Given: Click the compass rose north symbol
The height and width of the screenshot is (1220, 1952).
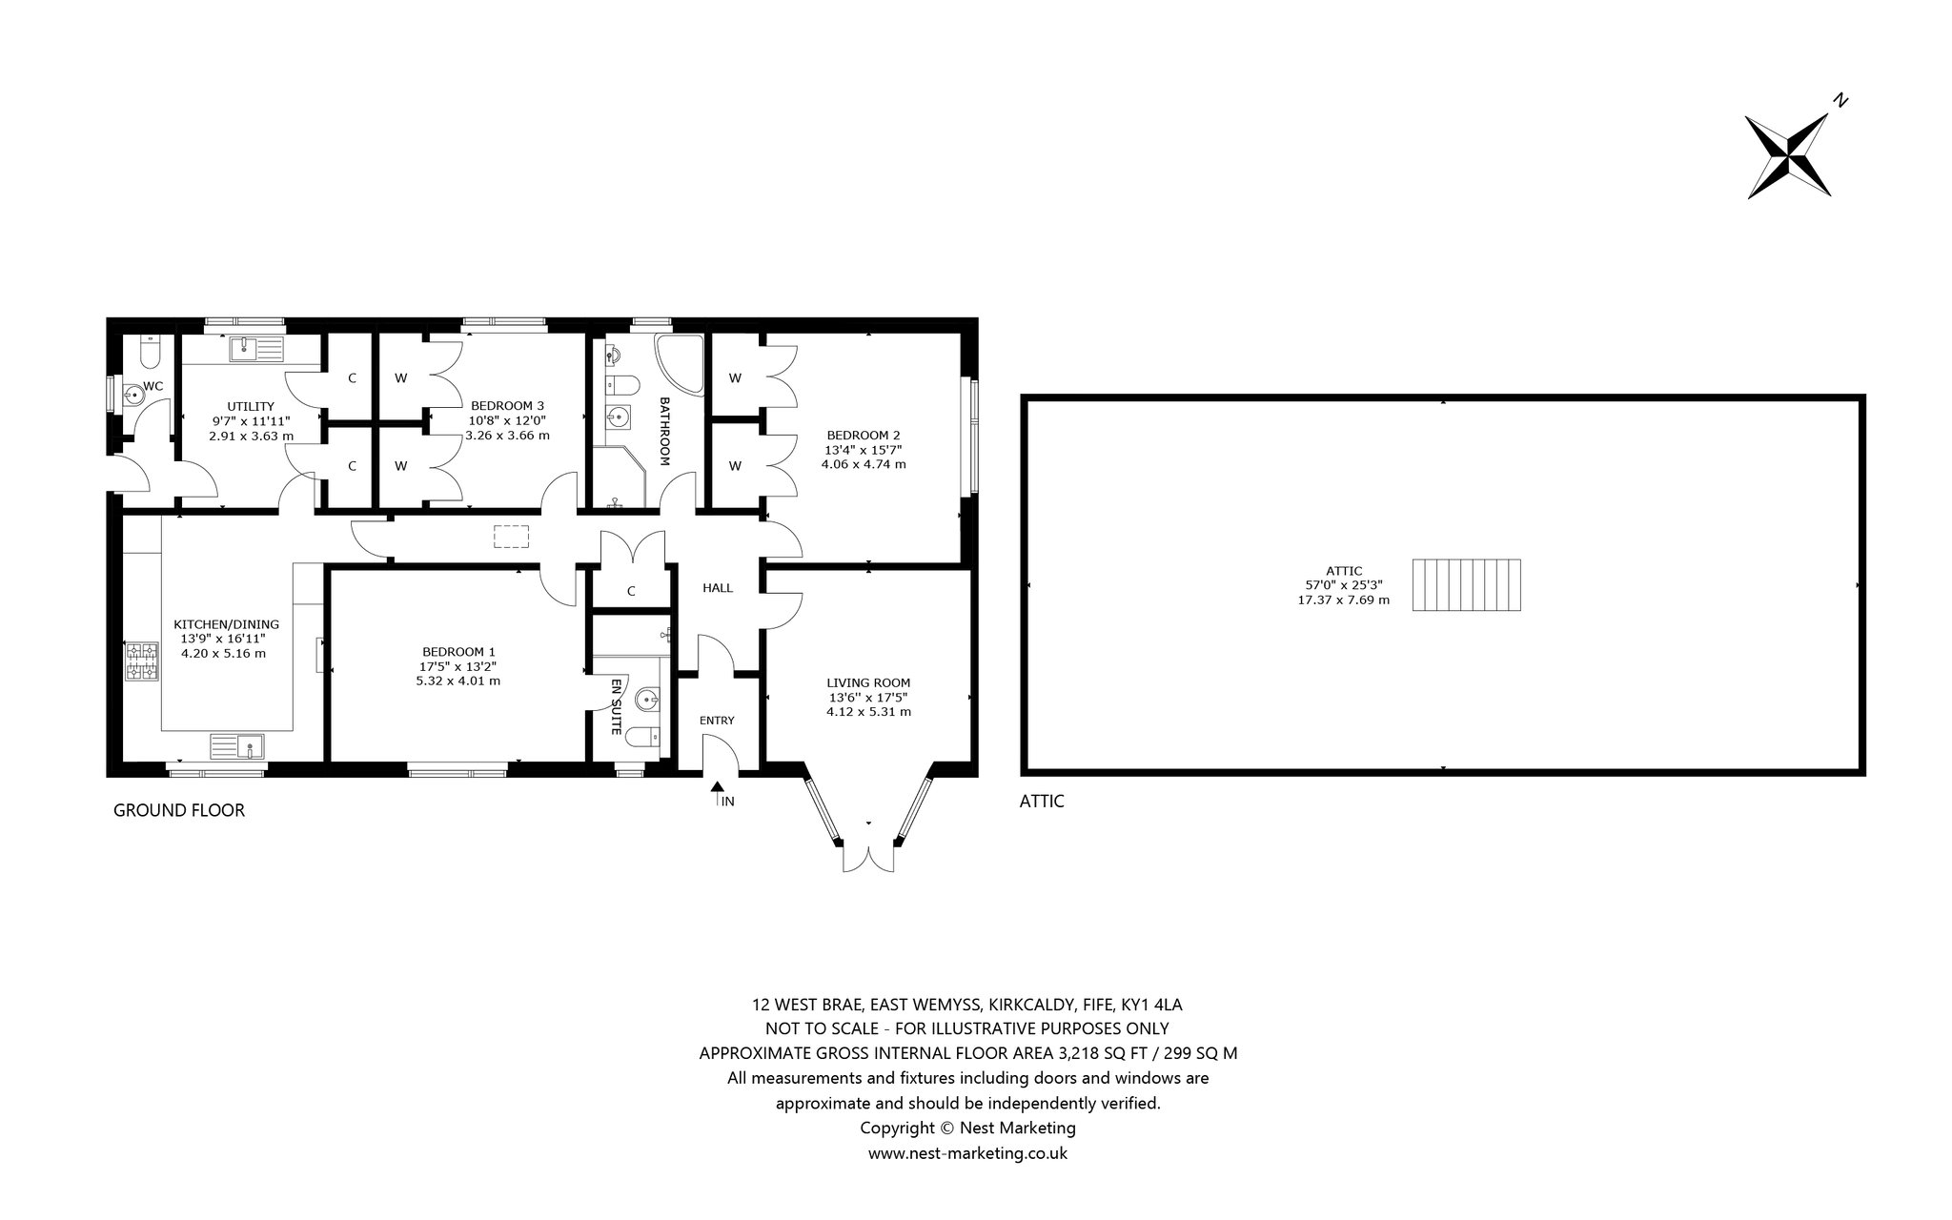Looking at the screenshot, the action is click(x=1787, y=156).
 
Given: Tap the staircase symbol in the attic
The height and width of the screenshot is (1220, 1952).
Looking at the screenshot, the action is click(x=1467, y=584).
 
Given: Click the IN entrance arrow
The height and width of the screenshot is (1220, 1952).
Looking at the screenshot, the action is click(x=716, y=795).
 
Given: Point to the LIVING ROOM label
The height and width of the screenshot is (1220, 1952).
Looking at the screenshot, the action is click(x=868, y=682).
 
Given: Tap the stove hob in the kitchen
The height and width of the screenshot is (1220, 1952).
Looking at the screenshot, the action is click(x=142, y=661).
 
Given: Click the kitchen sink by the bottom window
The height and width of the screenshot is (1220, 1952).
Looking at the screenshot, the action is click(x=237, y=744).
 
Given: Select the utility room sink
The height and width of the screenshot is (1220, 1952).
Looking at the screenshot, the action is click(x=256, y=349).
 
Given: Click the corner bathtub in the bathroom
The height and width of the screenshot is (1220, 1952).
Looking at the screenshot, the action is click(x=679, y=364).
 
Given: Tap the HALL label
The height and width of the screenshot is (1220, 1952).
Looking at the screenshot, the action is click(x=718, y=588).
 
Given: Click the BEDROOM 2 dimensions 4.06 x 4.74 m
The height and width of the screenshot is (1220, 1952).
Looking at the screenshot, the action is click(x=864, y=464).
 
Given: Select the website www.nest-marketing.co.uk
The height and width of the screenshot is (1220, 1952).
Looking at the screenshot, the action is click(x=967, y=1153).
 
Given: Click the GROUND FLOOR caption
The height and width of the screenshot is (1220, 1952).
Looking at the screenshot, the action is click(x=179, y=810).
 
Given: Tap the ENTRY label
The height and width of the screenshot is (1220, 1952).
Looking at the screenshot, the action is click(x=717, y=721).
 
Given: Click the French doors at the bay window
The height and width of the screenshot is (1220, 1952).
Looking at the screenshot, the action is click(x=868, y=859).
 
